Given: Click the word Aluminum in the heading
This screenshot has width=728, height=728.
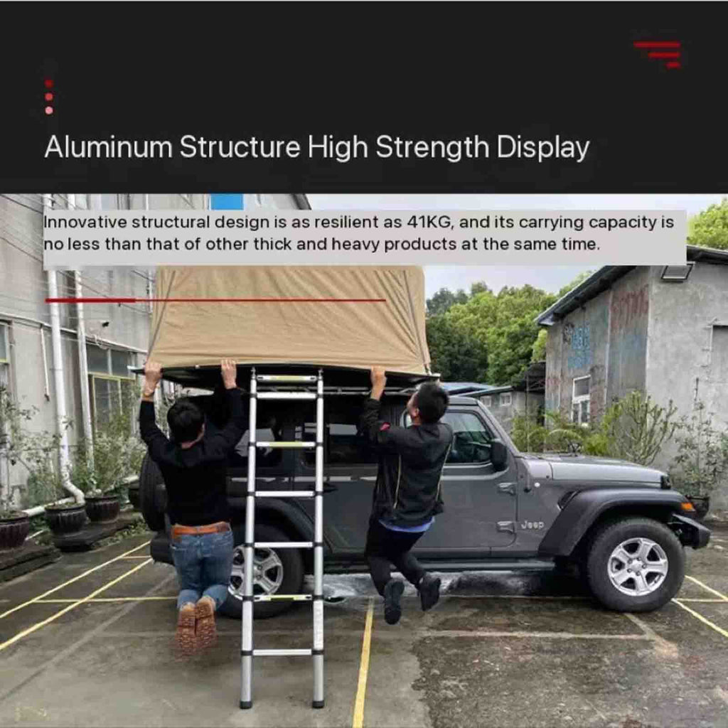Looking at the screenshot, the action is click(x=108, y=146).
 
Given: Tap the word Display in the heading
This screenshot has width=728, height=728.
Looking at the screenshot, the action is click(x=542, y=148).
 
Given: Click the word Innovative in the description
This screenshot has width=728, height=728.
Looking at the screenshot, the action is click(x=85, y=222).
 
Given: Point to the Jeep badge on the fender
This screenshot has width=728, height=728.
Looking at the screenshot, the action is click(x=532, y=525).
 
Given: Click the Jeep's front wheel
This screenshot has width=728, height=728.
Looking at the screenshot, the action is click(x=636, y=565).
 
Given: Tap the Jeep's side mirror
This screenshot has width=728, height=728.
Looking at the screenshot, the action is click(x=498, y=454).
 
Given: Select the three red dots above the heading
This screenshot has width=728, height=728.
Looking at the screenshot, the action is click(x=49, y=97).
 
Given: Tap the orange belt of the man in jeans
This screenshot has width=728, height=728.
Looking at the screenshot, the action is click(x=200, y=530).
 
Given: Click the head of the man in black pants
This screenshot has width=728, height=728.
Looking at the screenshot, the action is click(x=429, y=402).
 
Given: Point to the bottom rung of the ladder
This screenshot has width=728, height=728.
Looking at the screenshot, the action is click(x=282, y=653).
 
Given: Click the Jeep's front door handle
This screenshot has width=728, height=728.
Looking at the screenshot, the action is click(x=506, y=488).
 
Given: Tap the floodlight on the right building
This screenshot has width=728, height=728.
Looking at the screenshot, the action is click(x=677, y=272).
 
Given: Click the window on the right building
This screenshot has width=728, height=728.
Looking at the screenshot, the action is click(x=582, y=399).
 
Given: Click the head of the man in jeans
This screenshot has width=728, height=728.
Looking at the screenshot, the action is click(x=186, y=421).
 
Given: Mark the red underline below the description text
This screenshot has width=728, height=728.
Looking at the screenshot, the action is click(x=215, y=301).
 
